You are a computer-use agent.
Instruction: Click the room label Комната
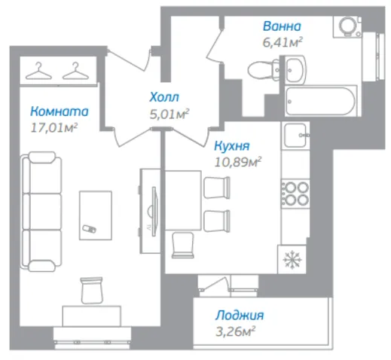point(60,111)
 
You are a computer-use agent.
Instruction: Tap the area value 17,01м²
point(54,127)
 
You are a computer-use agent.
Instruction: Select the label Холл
point(164,97)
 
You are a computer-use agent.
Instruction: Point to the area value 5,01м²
point(169,114)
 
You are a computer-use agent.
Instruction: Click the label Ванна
point(282,26)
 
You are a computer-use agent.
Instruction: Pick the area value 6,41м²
point(283,42)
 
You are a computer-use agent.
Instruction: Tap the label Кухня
point(232,146)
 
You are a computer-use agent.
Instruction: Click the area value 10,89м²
point(238,162)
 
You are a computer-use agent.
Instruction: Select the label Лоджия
point(240,316)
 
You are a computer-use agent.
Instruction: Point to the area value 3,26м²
point(235,331)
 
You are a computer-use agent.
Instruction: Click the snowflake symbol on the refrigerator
point(292,260)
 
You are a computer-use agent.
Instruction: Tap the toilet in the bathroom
point(264,69)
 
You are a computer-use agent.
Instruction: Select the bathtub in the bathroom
point(321,101)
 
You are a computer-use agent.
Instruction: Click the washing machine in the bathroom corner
point(347,27)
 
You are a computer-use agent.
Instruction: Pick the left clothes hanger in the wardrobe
point(38,71)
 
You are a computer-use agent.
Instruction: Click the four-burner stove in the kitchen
point(295,194)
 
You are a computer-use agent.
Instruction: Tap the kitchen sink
point(295,136)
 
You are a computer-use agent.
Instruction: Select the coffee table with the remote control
point(96,215)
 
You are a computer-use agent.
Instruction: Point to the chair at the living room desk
point(92,290)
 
